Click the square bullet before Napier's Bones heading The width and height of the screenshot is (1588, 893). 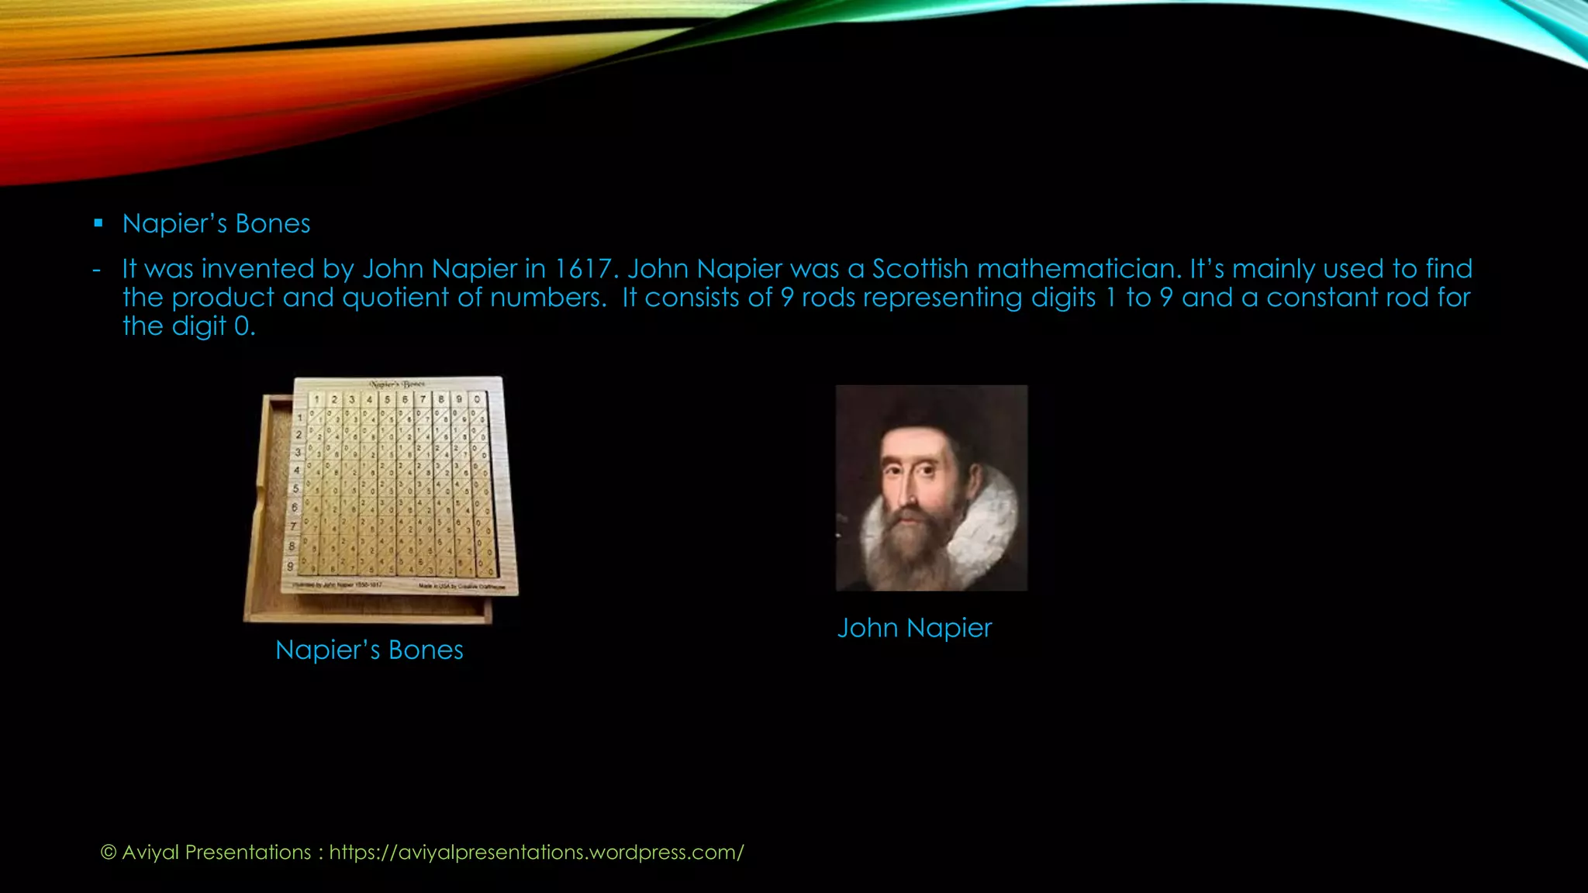[x=98, y=223]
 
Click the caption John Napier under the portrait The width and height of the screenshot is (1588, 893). [x=914, y=628]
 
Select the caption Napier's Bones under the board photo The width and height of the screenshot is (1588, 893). [x=369, y=650]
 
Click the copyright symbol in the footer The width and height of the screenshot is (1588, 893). [x=109, y=853]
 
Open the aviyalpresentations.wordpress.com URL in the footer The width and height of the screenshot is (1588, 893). [x=537, y=853]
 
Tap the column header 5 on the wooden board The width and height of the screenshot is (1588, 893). [x=387, y=400]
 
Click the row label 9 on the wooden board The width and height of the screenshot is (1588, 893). [x=291, y=566]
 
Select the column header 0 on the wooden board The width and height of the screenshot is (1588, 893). [x=477, y=400]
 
